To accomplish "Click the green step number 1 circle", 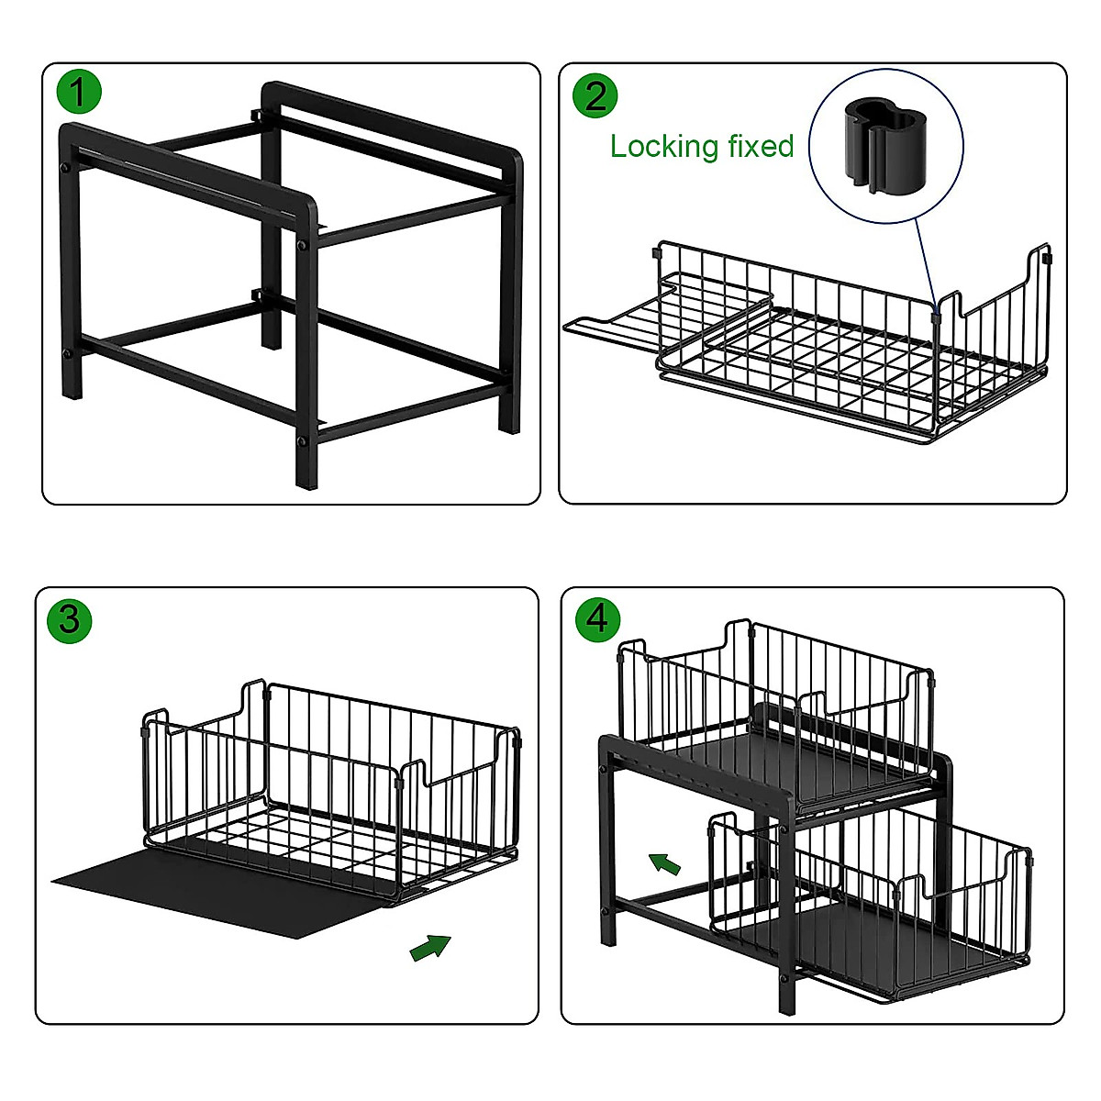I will pos(79,93).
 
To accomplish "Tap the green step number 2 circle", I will pos(595,95).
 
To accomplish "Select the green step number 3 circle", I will pos(70,619).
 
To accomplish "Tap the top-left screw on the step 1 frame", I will pos(66,169).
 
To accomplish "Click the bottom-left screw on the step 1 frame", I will pos(66,353).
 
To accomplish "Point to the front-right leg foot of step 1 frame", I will pos(305,477).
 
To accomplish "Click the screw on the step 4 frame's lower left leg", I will pos(606,910).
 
